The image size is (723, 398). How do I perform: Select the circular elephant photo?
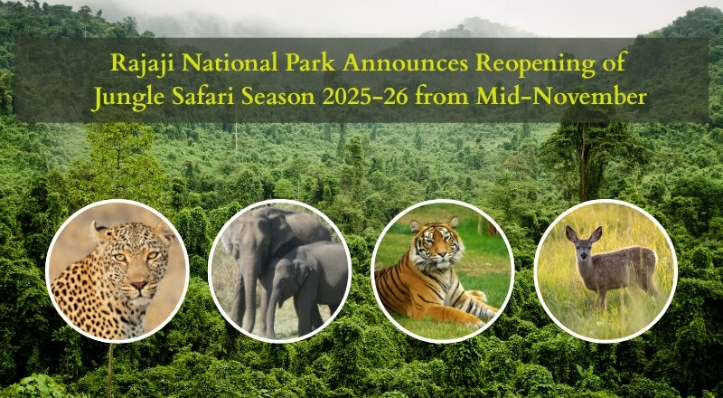pos(279,270)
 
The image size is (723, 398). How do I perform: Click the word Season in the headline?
pos(290,95)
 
